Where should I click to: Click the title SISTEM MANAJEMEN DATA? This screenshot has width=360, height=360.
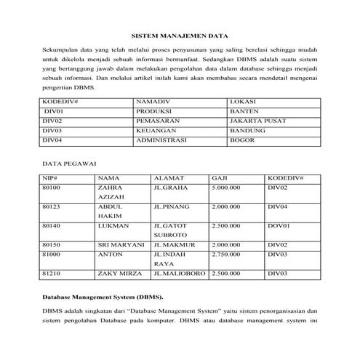point(179,35)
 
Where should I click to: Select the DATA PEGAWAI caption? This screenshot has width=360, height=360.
point(71,164)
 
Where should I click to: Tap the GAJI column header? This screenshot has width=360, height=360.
point(219,177)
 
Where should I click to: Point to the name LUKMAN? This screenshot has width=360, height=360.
point(112,226)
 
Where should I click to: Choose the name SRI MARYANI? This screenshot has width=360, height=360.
point(121,245)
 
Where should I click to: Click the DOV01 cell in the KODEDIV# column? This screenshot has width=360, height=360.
point(279,226)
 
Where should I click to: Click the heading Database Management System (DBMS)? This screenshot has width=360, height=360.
point(102,297)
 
